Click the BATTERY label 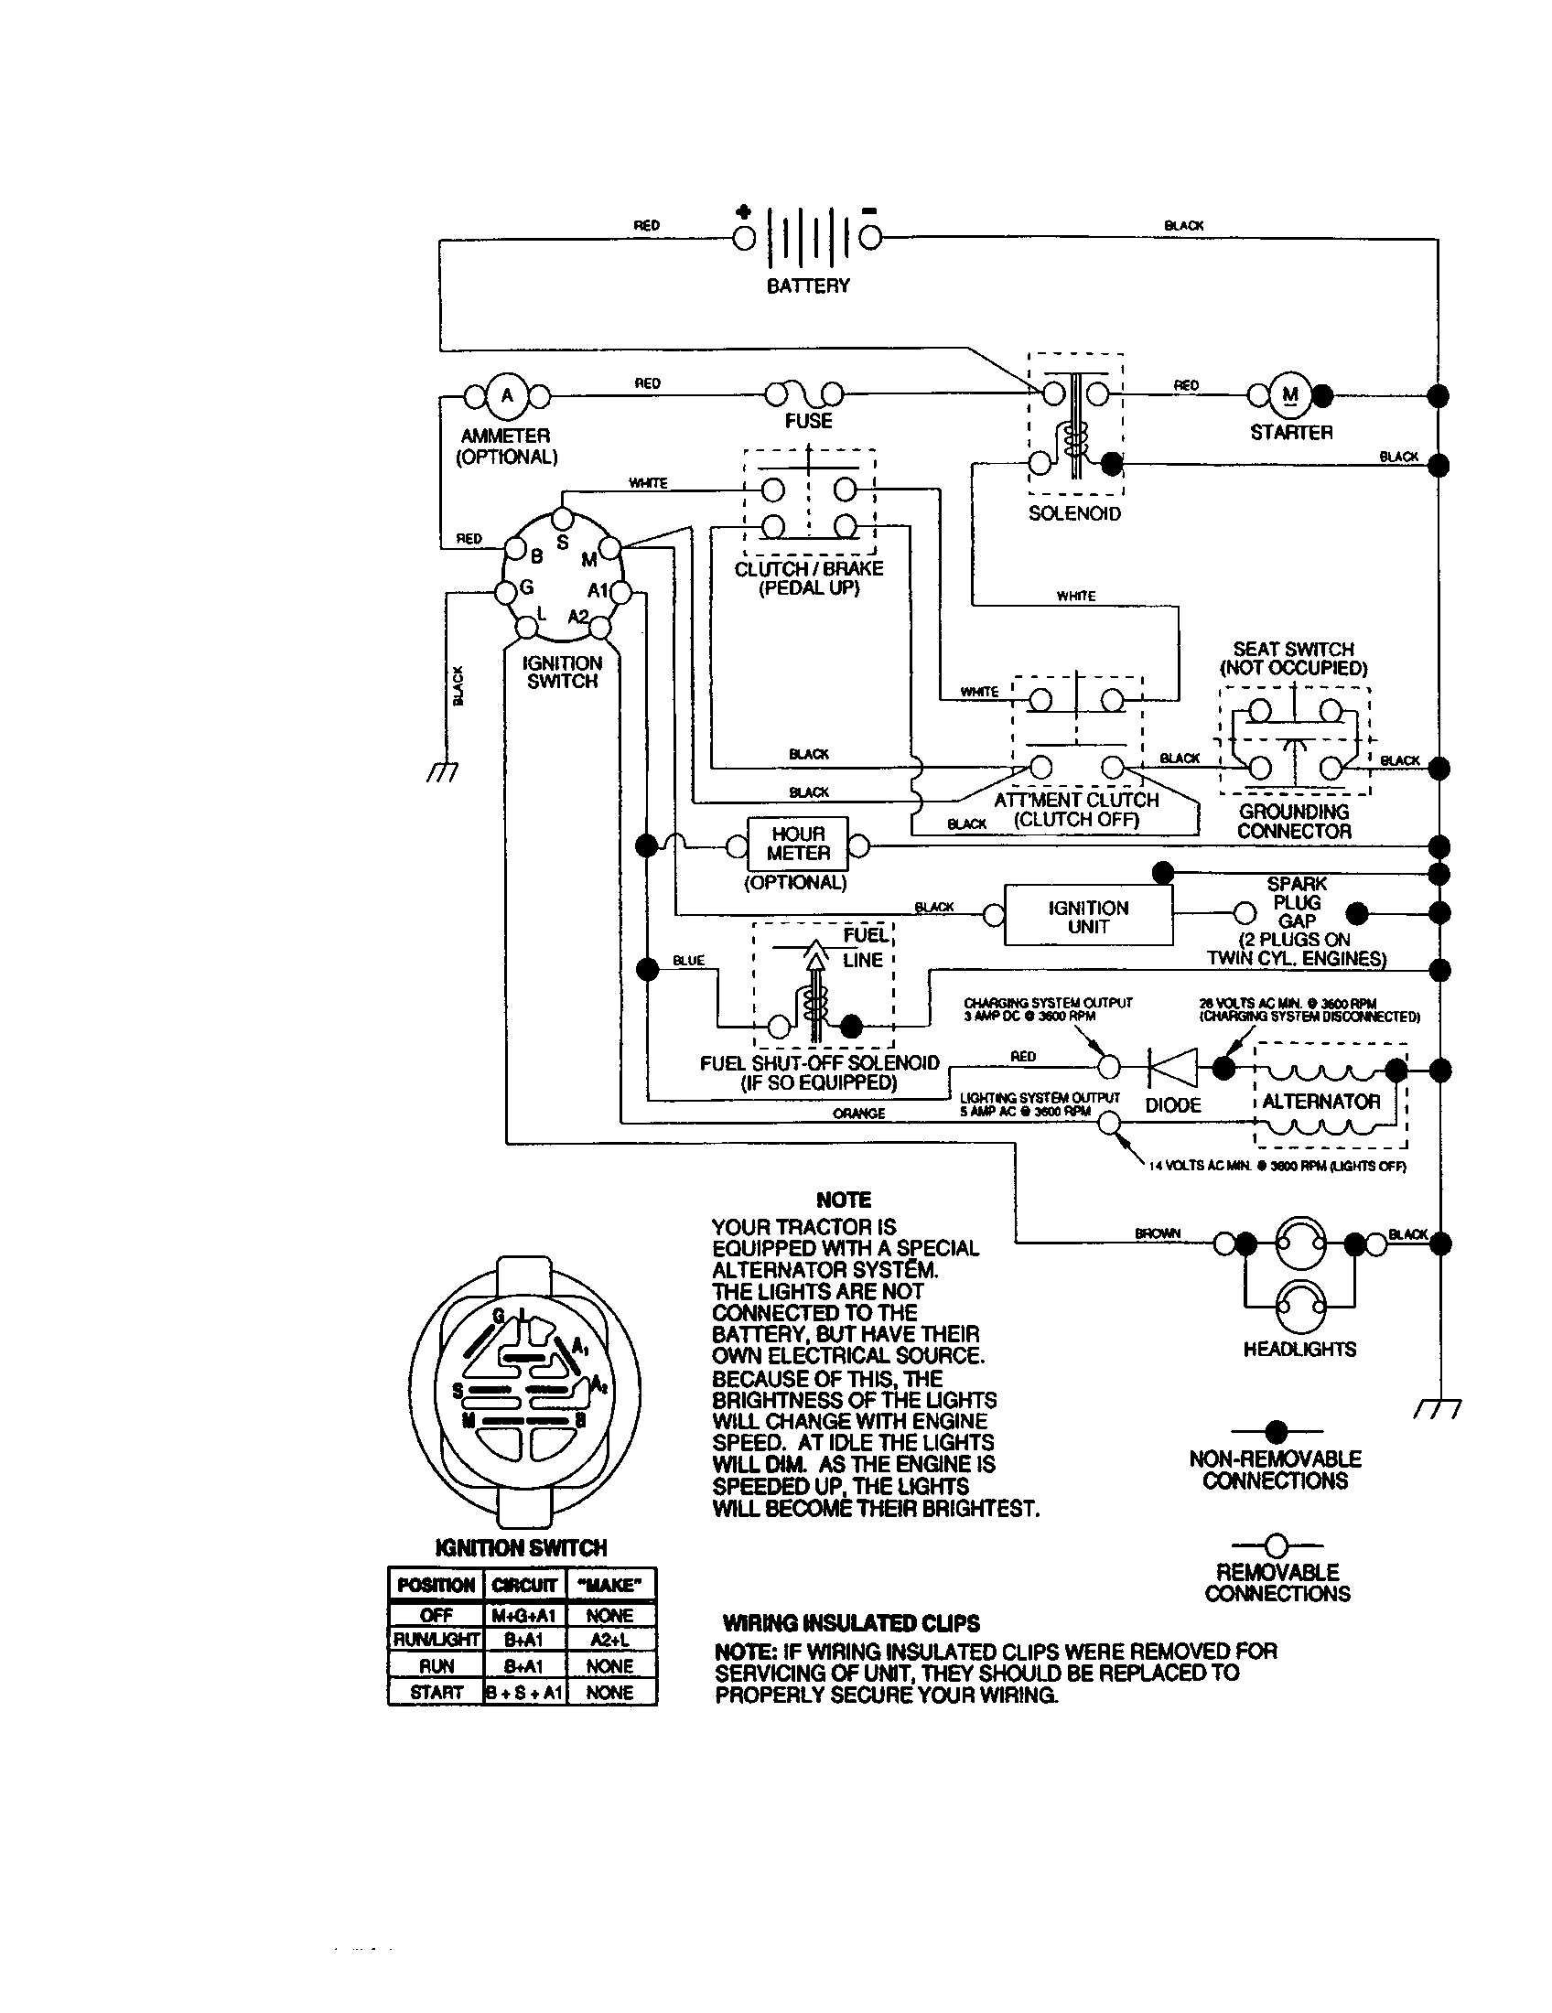(x=807, y=285)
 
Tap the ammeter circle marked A (x=505, y=396)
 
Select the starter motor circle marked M (x=1290, y=395)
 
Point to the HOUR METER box (x=797, y=845)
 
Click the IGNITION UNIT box (x=1087, y=916)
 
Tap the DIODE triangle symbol (x=1174, y=1068)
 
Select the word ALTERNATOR (x=1320, y=1102)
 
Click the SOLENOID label (x=1074, y=513)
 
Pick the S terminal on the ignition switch (x=564, y=519)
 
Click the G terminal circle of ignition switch (x=505, y=593)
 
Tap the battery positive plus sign (x=743, y=211)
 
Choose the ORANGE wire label (x=858, y=1114)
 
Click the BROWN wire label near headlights (x=1158, y=1233)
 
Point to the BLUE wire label (x=688, y=961)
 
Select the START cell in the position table (x=436, y=1692)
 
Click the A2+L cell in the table (x=609, y=1640)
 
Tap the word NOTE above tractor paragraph (x=844, y=1200)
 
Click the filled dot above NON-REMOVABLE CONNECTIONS (x=1276, y=1431)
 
